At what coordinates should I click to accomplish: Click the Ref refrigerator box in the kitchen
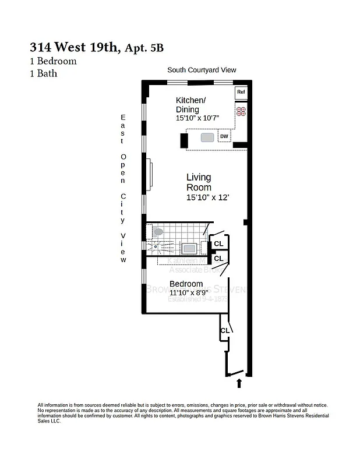(241, 92)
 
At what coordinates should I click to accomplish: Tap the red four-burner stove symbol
(241, 111)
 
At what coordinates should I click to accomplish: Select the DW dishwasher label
(224, 137)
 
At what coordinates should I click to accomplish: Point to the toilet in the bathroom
(158, 232)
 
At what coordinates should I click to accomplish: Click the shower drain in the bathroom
(156, 246)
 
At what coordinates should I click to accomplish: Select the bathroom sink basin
(189, 249)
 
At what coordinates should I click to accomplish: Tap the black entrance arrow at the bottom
(239, 383)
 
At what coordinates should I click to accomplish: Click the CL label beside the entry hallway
(224, 331)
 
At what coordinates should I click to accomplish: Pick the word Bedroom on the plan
(186, 284)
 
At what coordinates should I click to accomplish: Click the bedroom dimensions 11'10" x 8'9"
(189, 293)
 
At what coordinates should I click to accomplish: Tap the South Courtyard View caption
(202, 70)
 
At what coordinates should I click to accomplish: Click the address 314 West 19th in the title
(74, 48)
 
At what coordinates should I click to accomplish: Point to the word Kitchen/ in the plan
(190, 101)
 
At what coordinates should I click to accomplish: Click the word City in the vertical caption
(123, 208)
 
